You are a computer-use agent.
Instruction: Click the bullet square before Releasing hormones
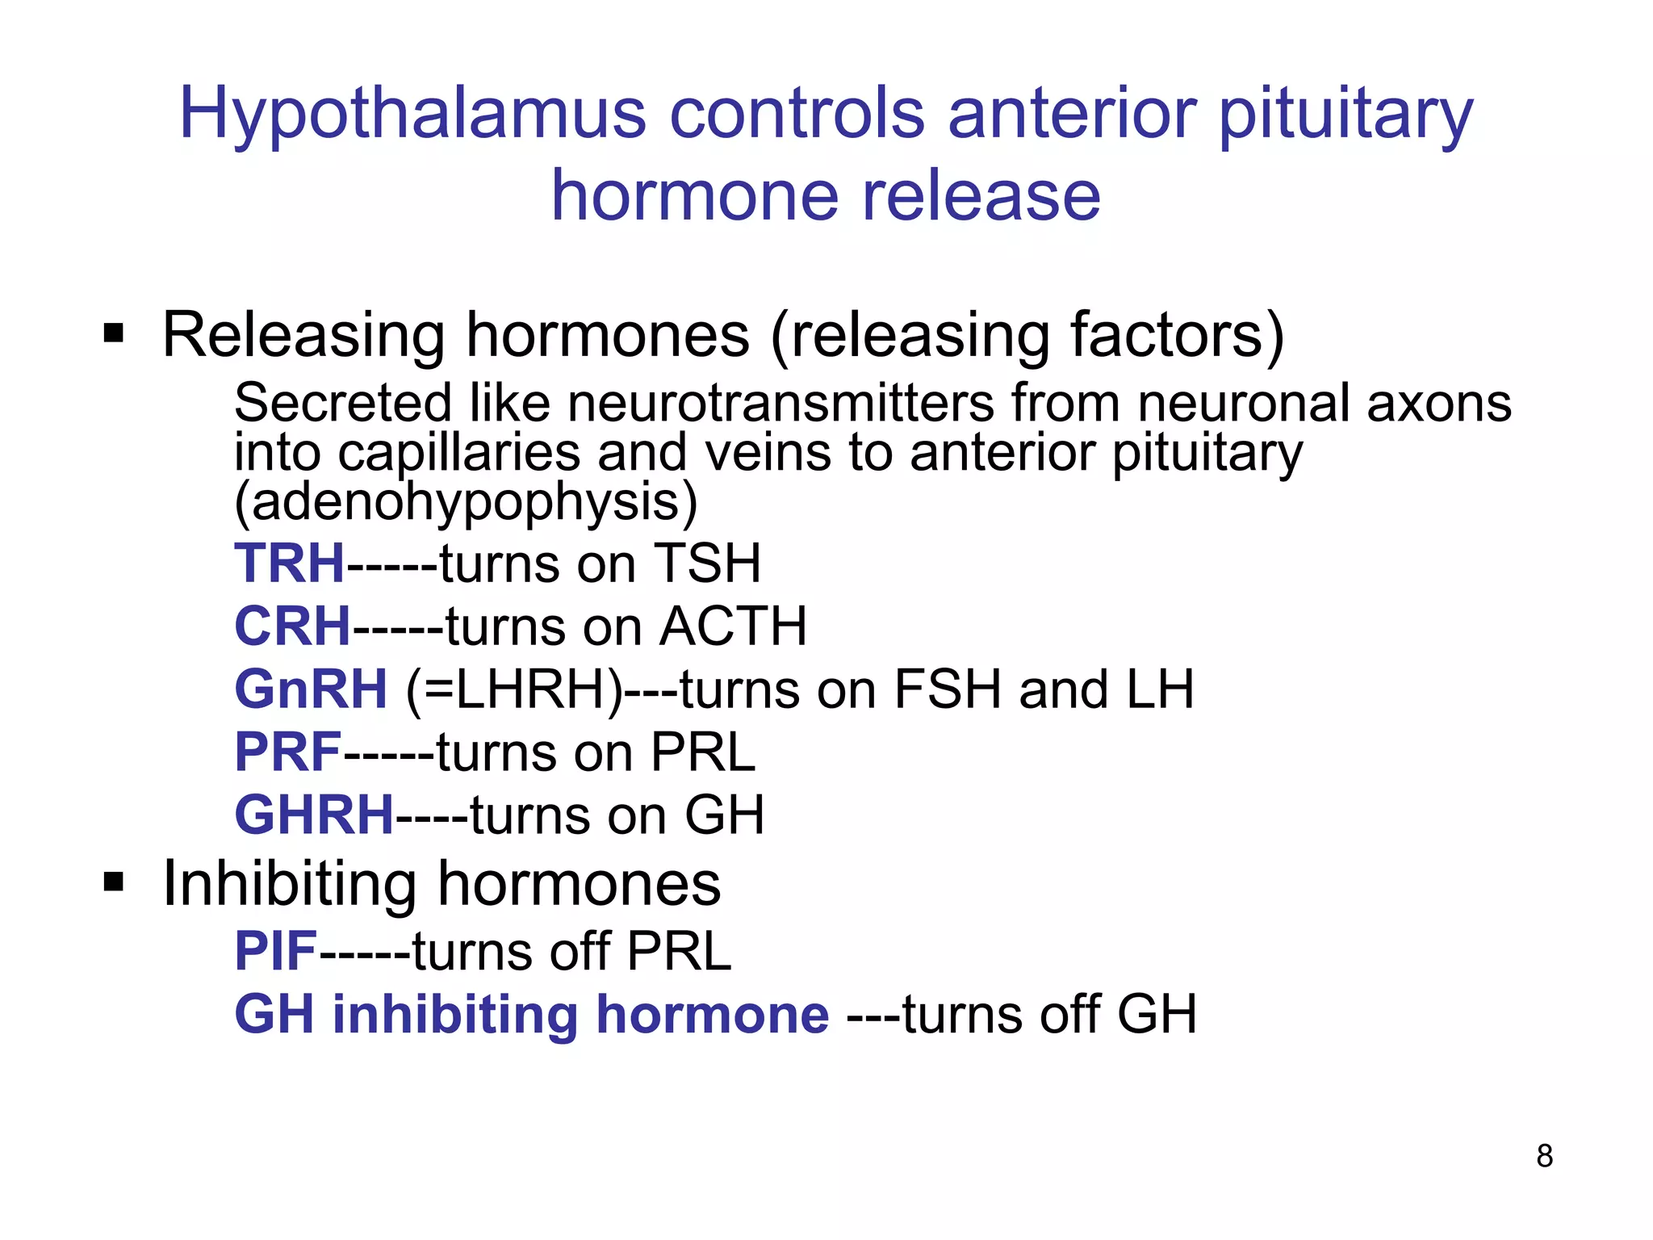pyautogui.click(x=114, y=333)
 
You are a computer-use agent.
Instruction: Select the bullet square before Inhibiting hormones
pyautogui.click(x=114, y=882)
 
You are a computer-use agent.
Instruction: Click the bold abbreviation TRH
pyautogui.click(x=290, y=563)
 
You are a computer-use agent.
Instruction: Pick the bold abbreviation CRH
pyautogui.click(x=292, y=626)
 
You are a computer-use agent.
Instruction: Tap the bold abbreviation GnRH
pyautogui.click(x=311, y=689)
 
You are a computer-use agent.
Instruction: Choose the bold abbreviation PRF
pyautogui.click(x=288, y=752)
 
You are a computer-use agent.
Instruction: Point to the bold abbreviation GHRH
pyautogui.click(x=314, y=815)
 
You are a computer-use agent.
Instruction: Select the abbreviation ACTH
pyautogui.click(x=733, y=626)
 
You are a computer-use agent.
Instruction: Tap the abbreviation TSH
pyautogui.click(x=707, y=563)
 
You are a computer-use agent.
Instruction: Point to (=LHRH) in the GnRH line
pyautogui.click(x=515, y=691)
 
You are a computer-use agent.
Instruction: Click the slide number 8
pyautogui.click(x=1545, y=1156)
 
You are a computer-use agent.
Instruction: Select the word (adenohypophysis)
pyautogui.click(x=466, y=502)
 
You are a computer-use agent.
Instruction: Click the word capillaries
pyautogui.click(x=458, y=453)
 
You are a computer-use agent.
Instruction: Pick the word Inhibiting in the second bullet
pyautogui.click(x=290, y=884)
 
